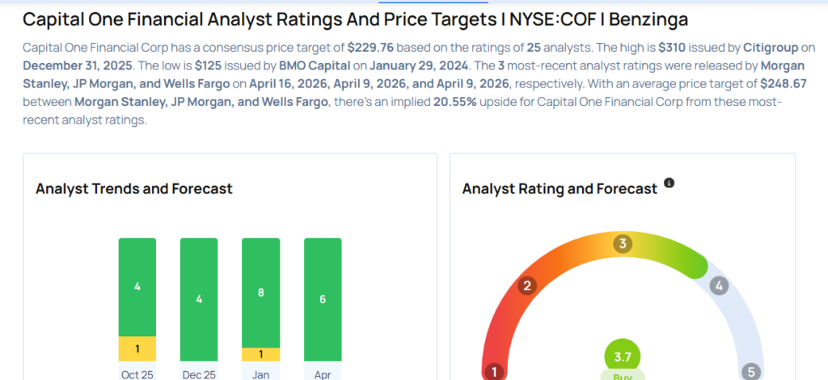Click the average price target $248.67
point(786,83)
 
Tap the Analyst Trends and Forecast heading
point(134,189)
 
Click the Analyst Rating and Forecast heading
point(560,189)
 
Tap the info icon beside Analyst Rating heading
point(669,184)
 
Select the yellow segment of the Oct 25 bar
point(137,348)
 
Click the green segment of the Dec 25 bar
point(199,299)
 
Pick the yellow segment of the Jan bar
point(260,354)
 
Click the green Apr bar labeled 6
point(323,299)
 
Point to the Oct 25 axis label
point(137,374)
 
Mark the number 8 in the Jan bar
point(260,293)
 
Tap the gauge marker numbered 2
point(527,285)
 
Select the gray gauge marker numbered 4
point(718,285)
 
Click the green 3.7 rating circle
point(623,356)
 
